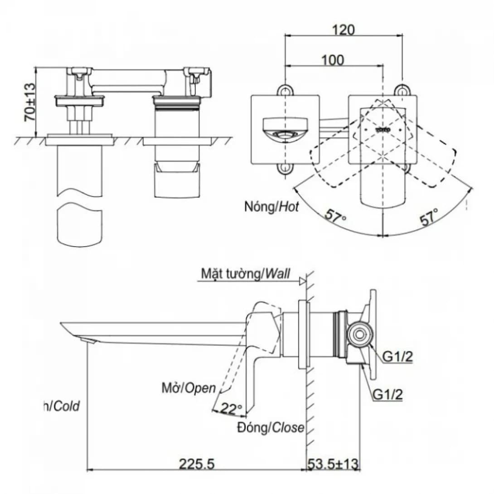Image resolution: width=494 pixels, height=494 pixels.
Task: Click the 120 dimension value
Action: coord(343,29)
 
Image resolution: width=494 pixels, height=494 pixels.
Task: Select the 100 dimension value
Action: coord(333,60)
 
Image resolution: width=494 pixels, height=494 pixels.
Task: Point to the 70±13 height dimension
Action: coord(29,102)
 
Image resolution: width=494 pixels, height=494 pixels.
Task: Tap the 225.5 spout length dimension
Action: coord(196,464)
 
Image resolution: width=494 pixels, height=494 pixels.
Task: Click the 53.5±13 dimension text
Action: coord(333,464)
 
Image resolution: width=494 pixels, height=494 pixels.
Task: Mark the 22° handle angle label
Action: coord(232,409)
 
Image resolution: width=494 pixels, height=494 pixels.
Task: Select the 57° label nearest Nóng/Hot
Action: coord(335,216)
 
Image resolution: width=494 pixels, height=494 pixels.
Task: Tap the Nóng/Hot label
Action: coord(271,207)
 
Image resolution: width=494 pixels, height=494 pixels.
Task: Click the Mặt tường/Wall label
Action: coord(246,273)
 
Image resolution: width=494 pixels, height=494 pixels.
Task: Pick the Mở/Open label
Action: coord(189,388)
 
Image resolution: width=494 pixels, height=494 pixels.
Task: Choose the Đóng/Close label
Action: coord(271,427)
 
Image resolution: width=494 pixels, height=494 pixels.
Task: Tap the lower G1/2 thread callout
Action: coord(387,394)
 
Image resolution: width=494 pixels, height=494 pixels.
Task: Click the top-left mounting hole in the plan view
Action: coord(284,90)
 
